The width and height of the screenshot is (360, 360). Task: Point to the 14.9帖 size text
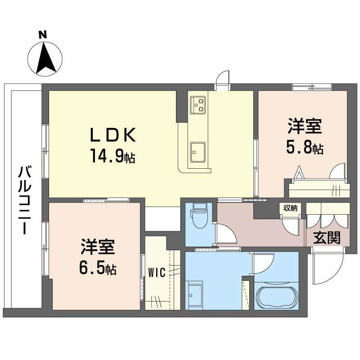pyautogui.click(x=112, y=157)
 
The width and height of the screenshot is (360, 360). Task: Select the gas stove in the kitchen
pyautogui.click(x=198, y=104)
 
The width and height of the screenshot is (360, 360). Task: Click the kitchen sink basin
pyautogui.click(x=197, y=152)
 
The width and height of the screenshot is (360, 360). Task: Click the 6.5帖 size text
pyautogui.click(x=98, y=269)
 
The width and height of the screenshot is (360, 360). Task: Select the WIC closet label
pyautogui.click(x=157, y=272)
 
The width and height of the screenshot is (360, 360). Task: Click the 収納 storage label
pyautogui.click(x=290, y=208)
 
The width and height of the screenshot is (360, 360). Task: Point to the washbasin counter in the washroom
pyautogui.click(x=195, y=295)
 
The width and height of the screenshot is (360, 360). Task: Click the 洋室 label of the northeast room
pyautogui.click(x=305, y=126)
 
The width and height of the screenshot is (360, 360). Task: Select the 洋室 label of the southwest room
pyautogui.click(x=98, y=247)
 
